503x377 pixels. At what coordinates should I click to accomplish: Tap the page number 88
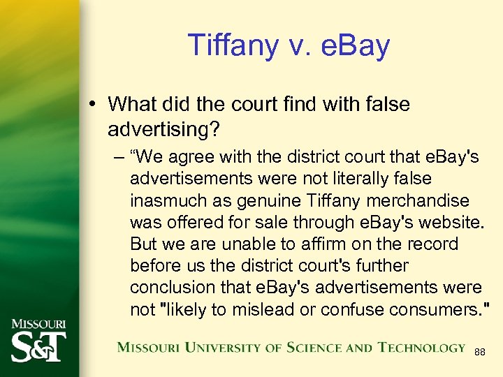pos(480,353)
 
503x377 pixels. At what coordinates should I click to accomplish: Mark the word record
pos(433,244)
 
